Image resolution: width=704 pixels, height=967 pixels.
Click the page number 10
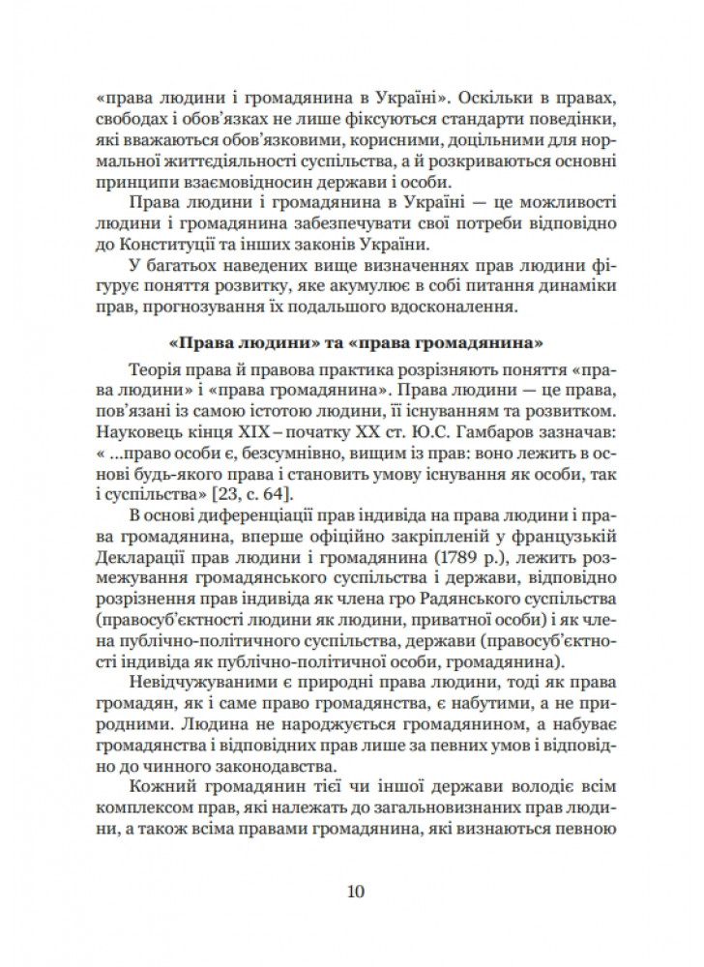pyautogui.click(x=353, y=890)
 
